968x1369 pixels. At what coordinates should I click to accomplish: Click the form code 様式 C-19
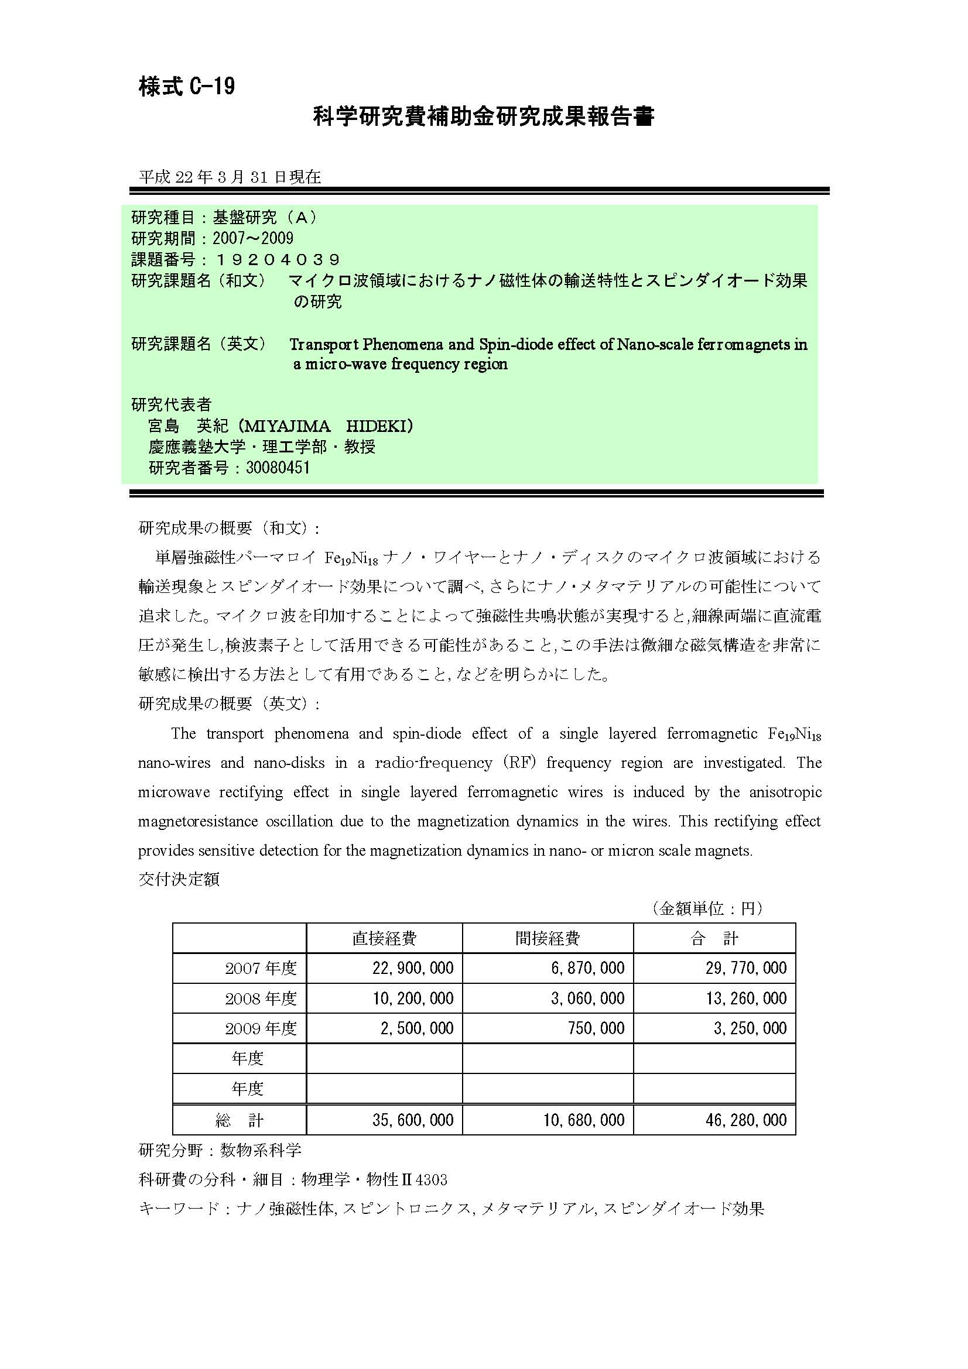[x=187, y=87]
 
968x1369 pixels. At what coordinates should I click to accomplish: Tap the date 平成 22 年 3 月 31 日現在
[x=230, y=177]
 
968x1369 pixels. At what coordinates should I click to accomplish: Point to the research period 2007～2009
[x=253, y=238]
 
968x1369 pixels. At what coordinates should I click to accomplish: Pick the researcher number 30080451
[x=278, y=468]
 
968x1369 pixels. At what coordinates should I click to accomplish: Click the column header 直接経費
[x=384, y=938]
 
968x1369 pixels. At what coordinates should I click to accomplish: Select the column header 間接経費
[x=547, y=938]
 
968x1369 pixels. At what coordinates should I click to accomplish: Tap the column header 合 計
[x=714, y=938]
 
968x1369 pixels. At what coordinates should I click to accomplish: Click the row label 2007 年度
[x=261, y=968]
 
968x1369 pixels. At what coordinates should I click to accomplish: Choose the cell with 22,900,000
[x=413, y=968]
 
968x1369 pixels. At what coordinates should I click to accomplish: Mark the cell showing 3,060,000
[x=587, y=998]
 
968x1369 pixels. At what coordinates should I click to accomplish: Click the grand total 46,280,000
[x=746, y=1120]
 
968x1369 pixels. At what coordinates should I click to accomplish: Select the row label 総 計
[x=239, y=1120]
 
